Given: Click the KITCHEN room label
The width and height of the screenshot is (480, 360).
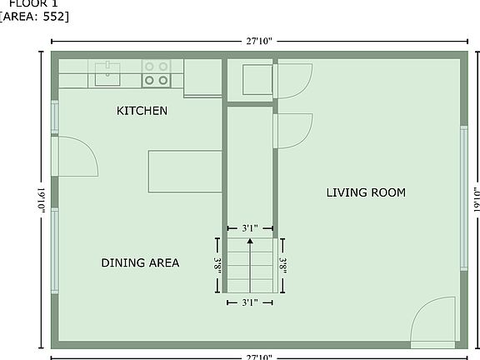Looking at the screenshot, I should [142, 111].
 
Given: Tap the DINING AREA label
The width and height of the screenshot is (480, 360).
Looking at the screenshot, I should [140, 263].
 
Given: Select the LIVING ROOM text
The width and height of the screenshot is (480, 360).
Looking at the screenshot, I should [365, 192].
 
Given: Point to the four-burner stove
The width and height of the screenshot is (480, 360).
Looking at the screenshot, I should [155, 72].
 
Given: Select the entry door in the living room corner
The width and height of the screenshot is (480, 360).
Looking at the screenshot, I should [432, 323].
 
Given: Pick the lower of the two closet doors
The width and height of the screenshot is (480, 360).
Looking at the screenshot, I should [293, 130].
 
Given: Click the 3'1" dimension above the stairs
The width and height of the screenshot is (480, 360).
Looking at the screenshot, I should [250, 227].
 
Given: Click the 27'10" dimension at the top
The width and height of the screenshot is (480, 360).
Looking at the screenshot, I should [258, 40].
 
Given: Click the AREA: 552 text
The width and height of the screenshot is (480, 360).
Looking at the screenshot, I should [35, 17].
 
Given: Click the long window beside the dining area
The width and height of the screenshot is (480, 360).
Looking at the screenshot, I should [55, 250].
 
